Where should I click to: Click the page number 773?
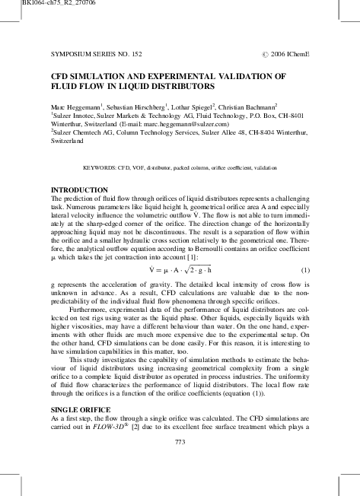coord(180,442)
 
